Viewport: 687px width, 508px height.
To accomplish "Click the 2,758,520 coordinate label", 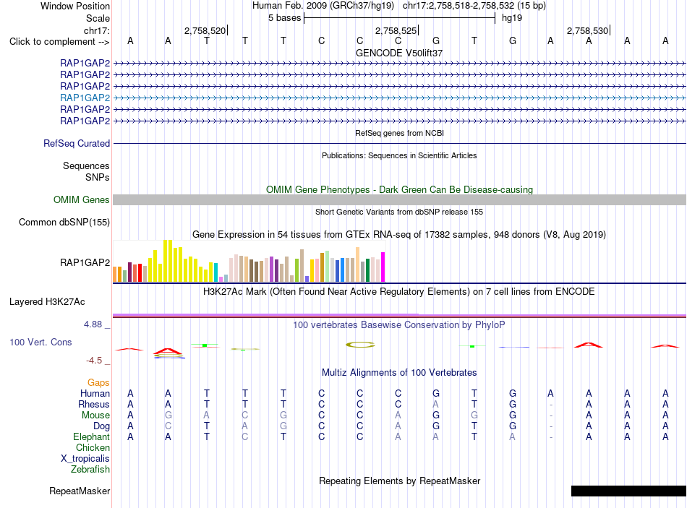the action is (x=205, y=30).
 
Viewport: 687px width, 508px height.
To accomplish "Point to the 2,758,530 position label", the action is (x=587, y=30).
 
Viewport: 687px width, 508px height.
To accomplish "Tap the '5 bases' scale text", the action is (x=285, y=18).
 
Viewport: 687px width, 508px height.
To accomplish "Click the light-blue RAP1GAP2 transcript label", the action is (x=85, y=98).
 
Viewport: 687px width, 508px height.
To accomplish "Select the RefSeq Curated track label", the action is (x=77, y=143).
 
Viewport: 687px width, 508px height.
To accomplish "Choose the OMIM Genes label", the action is (x=82, y=199).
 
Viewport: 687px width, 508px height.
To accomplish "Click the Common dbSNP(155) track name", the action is (x=64, y=222).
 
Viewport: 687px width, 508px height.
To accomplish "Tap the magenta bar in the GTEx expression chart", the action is (x=383, y=267).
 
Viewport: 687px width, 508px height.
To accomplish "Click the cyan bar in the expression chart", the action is (x=216, y=272).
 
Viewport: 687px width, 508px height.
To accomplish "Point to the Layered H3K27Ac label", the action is (x=47, y=302).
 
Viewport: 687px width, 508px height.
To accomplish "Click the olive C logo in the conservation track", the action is (x=360, y=345).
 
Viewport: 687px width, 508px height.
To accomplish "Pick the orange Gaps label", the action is (x=98, y=383).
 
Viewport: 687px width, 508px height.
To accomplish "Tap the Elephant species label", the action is (x=92, y=436).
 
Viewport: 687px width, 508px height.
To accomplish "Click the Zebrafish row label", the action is (x=90, y=470).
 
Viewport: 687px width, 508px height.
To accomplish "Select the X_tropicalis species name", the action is (x=85, y=459).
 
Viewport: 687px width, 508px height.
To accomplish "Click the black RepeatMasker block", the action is (x=628, y=491).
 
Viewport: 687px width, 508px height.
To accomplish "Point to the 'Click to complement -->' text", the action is (x=59, y=42).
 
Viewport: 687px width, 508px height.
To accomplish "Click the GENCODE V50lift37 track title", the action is (x=399, y=53).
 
